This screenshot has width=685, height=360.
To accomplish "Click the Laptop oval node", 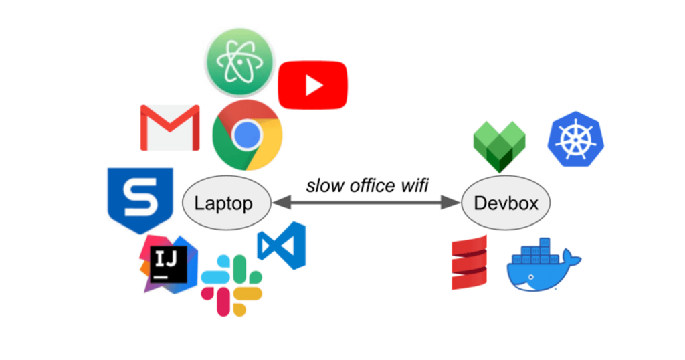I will (x=227, y=203).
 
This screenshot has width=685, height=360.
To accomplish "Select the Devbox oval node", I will (x=505, y=203).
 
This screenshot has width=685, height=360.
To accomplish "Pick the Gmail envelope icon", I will (x=170, y=128).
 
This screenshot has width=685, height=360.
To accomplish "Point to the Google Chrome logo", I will (x=247, y=135).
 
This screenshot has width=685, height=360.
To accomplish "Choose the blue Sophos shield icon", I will (x=140, y=199).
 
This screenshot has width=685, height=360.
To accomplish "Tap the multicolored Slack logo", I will (x=231, y=284).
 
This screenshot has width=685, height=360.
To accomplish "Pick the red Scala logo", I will (x=469, y=262).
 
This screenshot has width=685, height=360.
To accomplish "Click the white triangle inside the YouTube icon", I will (x=313, y=85).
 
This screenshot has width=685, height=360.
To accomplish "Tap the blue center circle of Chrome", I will (x=247, y=135).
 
